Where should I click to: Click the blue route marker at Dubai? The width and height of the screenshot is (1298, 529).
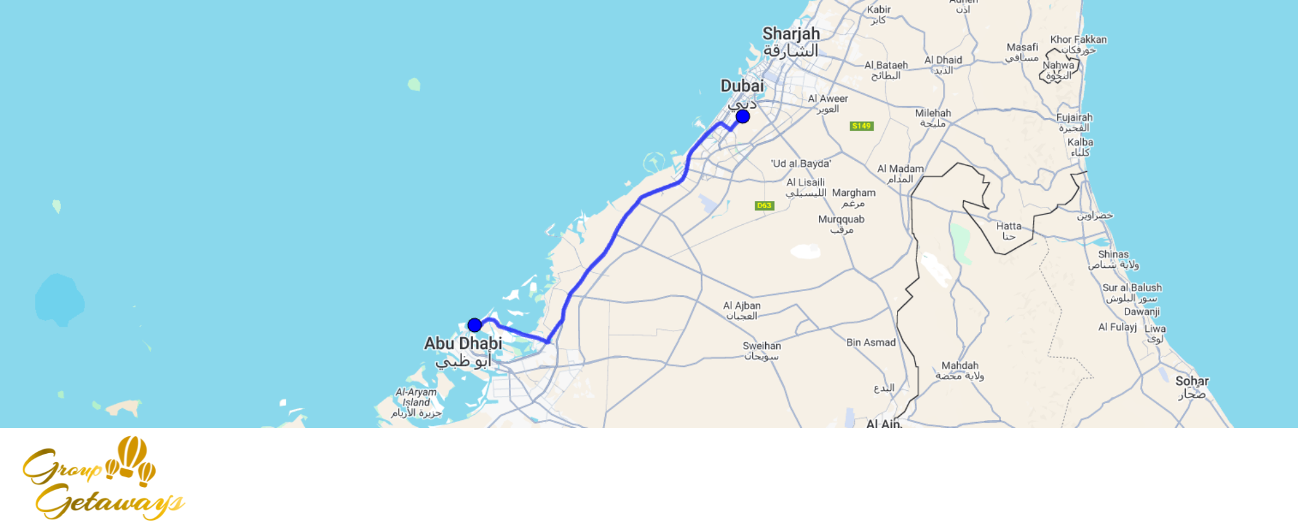(x=742, y=117)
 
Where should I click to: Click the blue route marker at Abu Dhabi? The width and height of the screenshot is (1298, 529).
(x=474, y=325)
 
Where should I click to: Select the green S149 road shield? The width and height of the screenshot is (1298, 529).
(x=861, y=126)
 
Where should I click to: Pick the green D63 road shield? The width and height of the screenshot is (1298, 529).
(x=764, y=206)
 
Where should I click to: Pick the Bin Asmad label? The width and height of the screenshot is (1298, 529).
(x=870, y=342)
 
